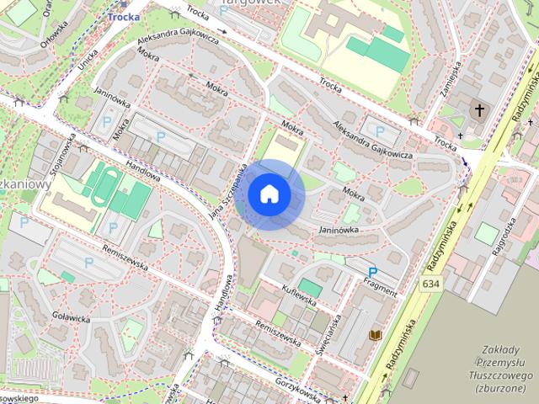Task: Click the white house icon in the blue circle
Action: tap(269, 194)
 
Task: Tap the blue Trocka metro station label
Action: tap(123, 16)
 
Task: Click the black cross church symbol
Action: tap(480, 110)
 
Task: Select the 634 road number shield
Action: tap(431, 284)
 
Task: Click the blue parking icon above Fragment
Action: tap(372, 272)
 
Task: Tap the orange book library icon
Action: tap(376, 336)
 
